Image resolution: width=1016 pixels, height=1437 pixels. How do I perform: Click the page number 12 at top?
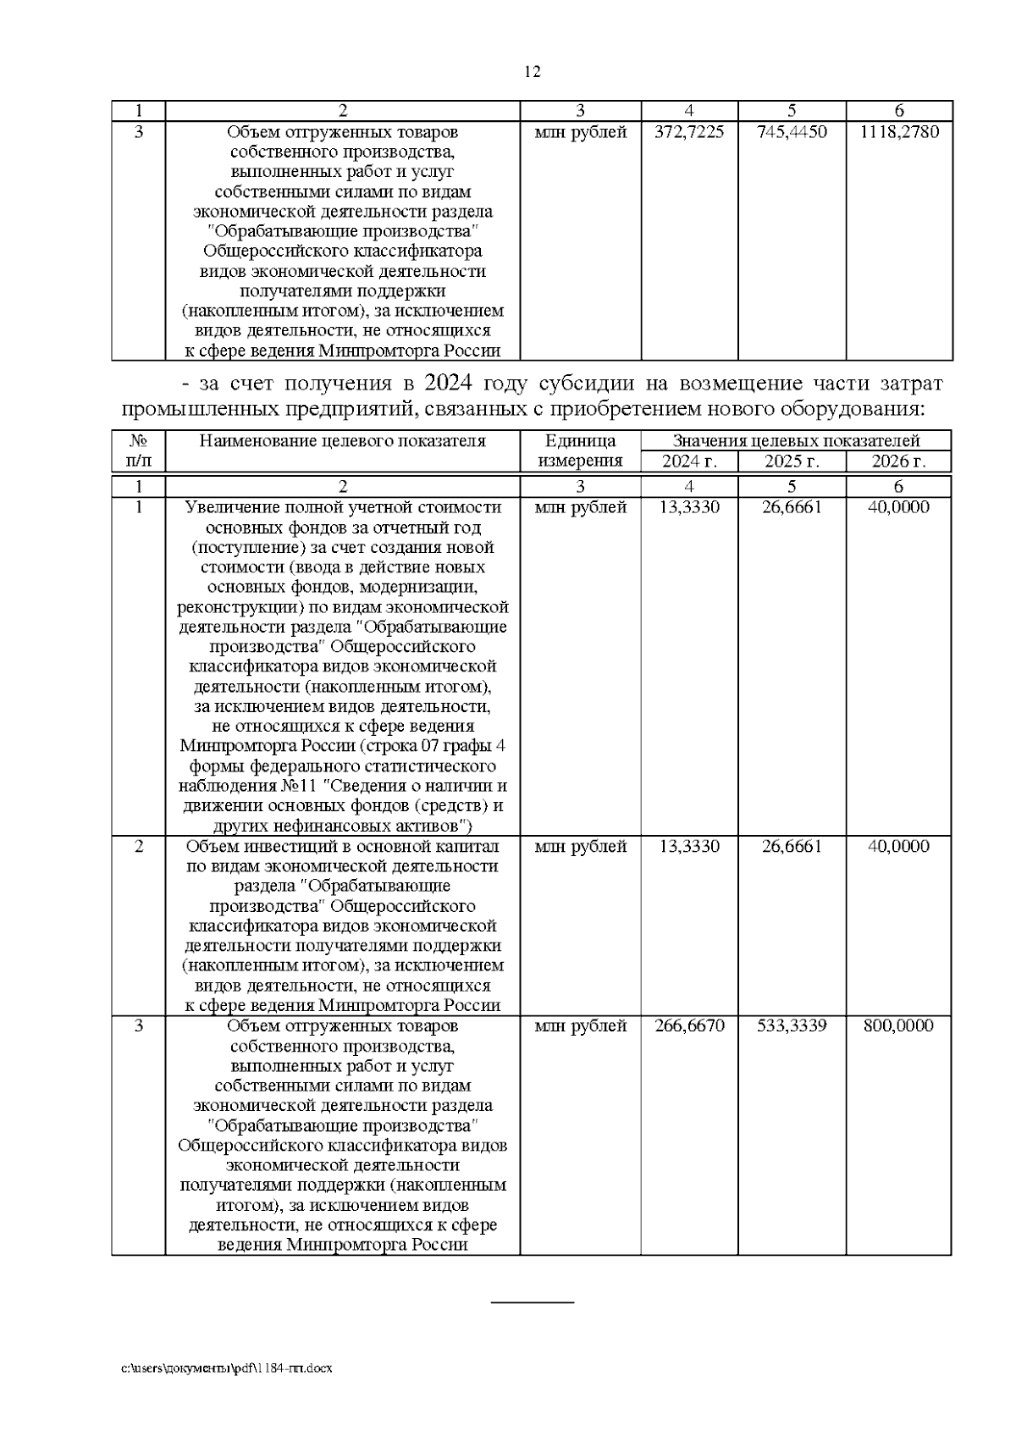[533, 72]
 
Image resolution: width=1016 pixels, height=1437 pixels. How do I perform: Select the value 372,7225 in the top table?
[689, 133]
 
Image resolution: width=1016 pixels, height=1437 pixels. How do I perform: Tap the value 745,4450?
[792, 133]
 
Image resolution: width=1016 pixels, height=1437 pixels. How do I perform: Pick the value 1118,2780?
[899, 133]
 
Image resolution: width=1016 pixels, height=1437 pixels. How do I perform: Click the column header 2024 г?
[689, 461]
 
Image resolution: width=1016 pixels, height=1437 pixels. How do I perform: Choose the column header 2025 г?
[792, 461]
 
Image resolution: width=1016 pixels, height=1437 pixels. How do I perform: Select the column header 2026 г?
[899, 461]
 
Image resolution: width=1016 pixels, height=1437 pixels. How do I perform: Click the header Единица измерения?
[580, 451]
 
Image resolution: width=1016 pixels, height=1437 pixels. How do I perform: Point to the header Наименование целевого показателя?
[342, 441]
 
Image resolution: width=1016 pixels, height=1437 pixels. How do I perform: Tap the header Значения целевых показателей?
[796, 441]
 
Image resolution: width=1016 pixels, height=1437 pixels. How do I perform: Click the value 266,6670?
[689, 1026]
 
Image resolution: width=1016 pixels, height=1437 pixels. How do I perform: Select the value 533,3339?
[792, 1026]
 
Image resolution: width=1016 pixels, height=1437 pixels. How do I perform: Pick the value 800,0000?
[899, 1026]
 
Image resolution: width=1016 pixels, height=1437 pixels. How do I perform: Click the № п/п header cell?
[138, 451]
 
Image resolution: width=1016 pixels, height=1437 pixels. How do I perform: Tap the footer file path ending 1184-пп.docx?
[227, 1368]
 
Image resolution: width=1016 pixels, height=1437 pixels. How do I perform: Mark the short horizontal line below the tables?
[533, 1302]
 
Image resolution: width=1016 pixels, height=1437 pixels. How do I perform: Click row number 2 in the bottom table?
[138, 847]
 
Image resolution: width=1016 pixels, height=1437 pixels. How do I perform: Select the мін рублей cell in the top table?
[580, 133]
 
